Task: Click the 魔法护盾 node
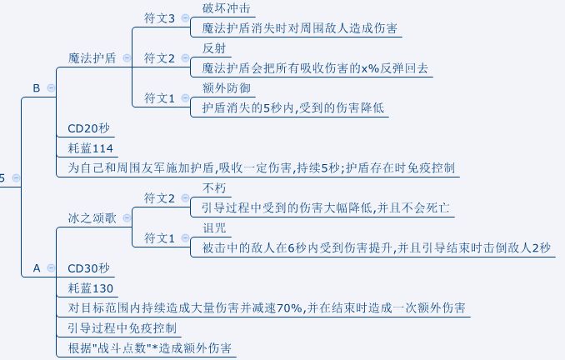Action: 92,58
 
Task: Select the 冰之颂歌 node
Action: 92,217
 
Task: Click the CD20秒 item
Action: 88,128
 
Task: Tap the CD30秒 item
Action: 88,269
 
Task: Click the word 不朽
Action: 214,188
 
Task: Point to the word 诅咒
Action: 214,228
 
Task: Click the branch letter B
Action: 36,87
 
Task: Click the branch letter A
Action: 36,268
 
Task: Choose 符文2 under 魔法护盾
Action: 161,58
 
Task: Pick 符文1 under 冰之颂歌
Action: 161,238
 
